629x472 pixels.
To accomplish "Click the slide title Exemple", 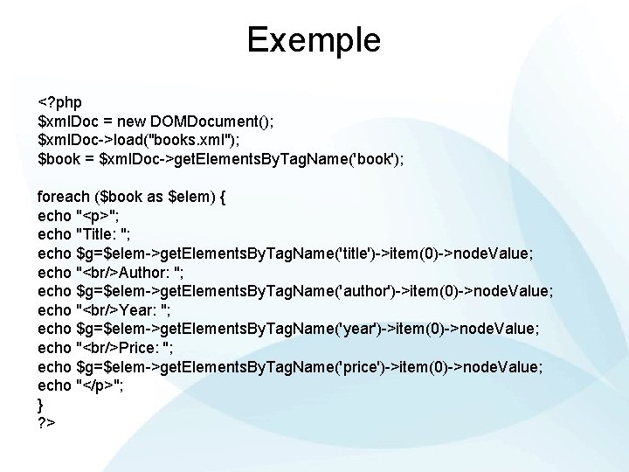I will tap(314, 39).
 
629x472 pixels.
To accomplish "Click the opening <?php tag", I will tap(61, 103).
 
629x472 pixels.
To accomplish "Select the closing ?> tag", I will tap(47, 423).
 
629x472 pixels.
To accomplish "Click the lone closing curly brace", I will tap(40, 403).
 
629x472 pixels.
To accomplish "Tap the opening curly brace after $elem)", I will tap(223, 197).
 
